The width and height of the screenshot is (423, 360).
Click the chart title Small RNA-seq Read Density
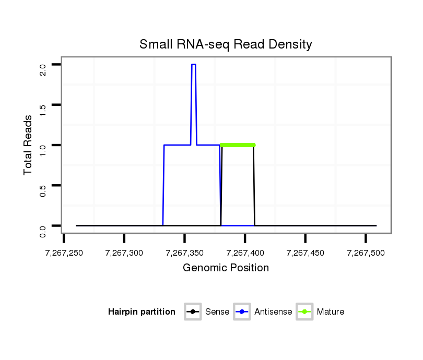(x=226, y=44)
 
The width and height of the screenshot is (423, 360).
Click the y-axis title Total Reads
(x=29, y=145)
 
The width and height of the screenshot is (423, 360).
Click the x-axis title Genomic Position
(x=226, y=268)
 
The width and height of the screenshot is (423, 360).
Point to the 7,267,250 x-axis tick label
(x=64, y=253)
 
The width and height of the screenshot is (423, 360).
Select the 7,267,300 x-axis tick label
(x=124, y=253)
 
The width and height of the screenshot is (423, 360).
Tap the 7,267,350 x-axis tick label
(x=184, y=253)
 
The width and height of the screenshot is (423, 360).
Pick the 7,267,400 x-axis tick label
(x=245, y=253)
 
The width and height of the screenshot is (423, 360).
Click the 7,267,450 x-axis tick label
(x=305, y=253)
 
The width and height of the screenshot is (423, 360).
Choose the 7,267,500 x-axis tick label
(x=366, y=253)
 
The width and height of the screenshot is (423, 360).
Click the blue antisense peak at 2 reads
(x=193, y=65)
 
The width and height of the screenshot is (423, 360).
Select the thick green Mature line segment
(x=238, y=145)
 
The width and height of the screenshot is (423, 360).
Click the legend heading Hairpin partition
(x=142, y=312)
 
